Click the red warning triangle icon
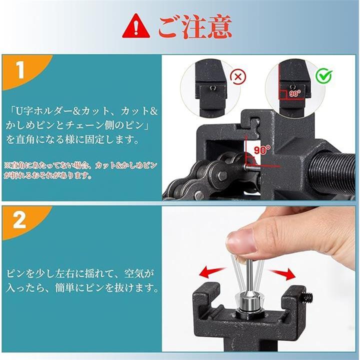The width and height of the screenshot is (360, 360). [136, 27]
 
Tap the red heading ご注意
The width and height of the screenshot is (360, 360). [195, 26]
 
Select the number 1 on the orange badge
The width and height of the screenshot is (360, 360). [20, 70]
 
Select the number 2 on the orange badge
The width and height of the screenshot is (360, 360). [19, 220]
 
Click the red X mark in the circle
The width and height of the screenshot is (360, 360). [238, 76]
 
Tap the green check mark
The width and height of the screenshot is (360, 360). [323, 75]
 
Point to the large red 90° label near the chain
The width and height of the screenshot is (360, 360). [261, 150]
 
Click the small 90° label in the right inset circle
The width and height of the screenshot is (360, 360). [295, 93]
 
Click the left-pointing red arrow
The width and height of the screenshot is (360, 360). [213, 272]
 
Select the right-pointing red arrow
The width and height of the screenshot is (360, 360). [282, 274]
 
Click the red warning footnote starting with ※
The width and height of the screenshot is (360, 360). [81, 170]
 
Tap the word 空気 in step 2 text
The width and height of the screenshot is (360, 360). [134, 273]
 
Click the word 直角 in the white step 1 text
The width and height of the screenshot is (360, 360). [25, 139]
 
